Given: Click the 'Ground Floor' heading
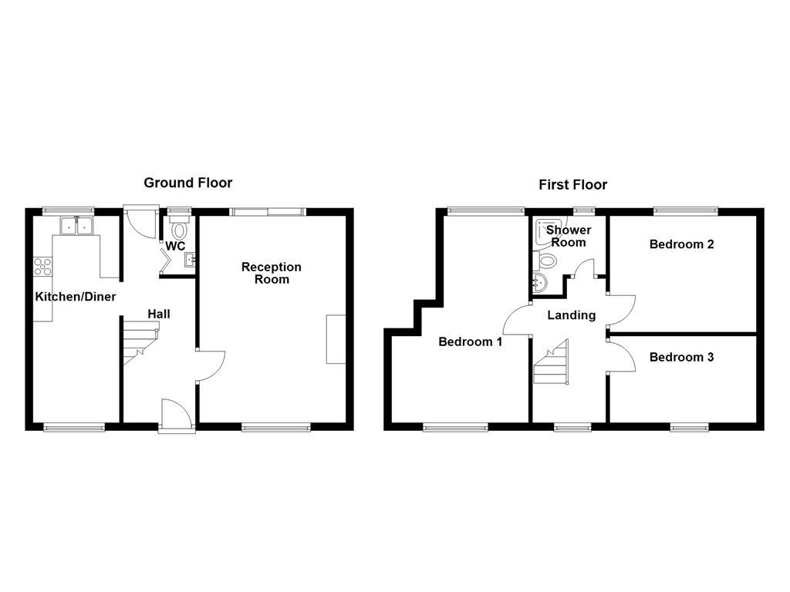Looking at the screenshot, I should click(187, 183).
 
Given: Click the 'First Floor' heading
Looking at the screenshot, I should click(572, 184).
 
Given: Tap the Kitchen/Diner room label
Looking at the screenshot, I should click(75, 297).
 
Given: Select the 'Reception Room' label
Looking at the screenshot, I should click(271, 273).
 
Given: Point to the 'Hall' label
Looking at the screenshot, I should click(159, 314).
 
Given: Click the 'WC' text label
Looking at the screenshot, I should click(175, 247).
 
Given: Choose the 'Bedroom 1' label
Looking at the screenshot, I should click(471, 341).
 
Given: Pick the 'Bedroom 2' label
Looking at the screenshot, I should click(681, 244).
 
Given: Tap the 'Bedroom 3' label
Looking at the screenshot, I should click(681, 357).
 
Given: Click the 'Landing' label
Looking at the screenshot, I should click(571, 314).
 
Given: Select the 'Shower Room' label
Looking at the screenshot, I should click(569, 236).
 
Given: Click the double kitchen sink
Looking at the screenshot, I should click(76, 225).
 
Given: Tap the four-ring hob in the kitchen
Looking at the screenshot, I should click(42, 267).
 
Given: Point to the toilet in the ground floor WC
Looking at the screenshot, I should click(180, 229).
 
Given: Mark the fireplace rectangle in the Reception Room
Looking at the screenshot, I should click(336, 338).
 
